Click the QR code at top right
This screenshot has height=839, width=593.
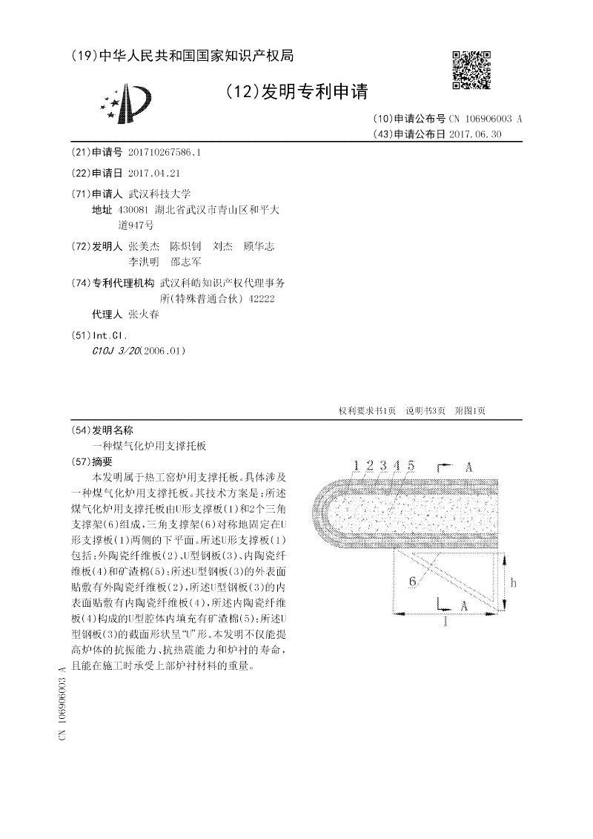click(x=471, y=70)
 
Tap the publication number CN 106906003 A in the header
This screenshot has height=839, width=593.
click(x=486, y=119)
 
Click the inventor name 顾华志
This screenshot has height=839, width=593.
click(x=259, y=246)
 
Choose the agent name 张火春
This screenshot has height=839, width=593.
click(x=143, y=314)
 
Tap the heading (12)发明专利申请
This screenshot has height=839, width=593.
click(x=296, y=92)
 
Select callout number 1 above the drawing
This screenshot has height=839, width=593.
click(x=356, y=465)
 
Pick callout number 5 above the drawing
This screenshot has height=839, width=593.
click(x=411, y=465)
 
